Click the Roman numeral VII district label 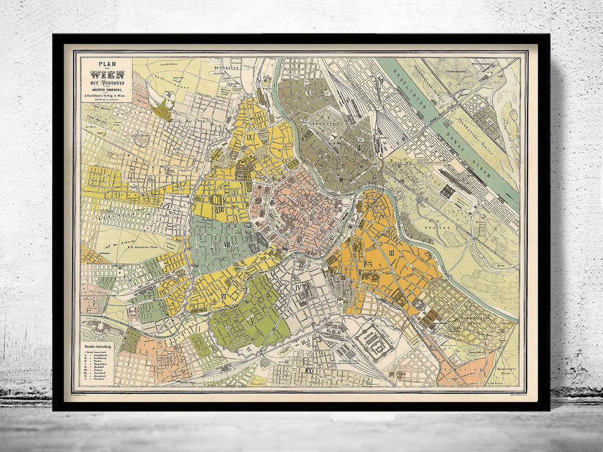[x=227, y=244]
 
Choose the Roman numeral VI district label [x=223, y=296]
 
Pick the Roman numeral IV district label [x=298, y=288]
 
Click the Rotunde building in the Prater [x=447, y=191]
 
